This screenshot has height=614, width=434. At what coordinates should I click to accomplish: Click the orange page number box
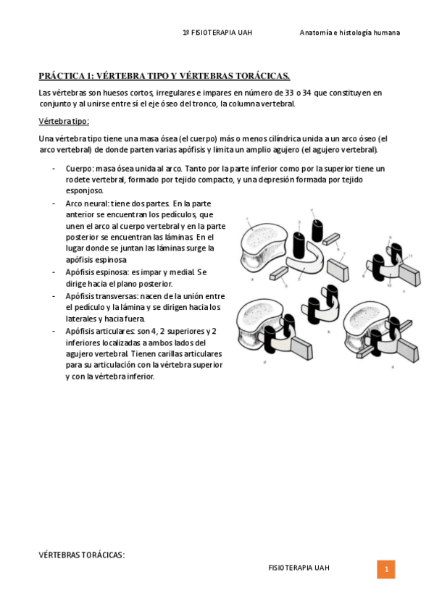pos(385,570)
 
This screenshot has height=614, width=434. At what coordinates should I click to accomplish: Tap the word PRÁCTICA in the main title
pos(61,76)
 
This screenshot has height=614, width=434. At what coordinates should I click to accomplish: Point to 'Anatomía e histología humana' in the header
pos(349,33)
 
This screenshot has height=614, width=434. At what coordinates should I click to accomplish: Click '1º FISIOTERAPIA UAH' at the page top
pos(217,33)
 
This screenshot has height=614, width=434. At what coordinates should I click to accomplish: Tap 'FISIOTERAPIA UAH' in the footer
pos(299,568)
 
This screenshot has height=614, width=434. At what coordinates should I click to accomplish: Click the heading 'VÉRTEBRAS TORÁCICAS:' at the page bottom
pos(81,555)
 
